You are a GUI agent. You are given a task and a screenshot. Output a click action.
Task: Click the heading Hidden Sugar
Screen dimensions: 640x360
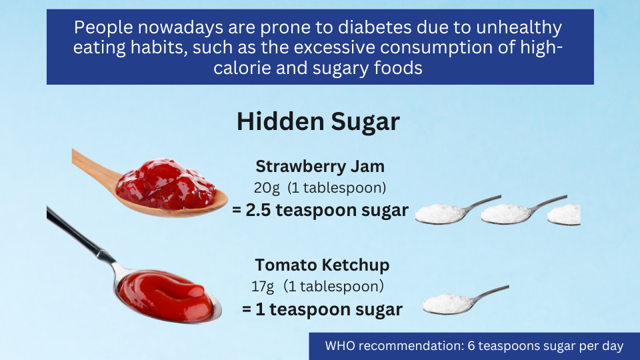tap(319, 121)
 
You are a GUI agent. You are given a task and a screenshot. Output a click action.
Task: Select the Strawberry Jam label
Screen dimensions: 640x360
tap(320, 166)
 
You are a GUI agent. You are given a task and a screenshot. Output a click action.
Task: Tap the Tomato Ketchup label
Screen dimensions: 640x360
tap(322, 265)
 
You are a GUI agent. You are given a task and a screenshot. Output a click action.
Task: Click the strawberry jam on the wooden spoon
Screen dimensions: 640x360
tap(165, 184)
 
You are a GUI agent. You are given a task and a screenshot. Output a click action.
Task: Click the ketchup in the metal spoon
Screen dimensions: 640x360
tap(165, 295)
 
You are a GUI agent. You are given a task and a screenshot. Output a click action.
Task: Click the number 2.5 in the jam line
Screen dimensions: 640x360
tap(258, 210)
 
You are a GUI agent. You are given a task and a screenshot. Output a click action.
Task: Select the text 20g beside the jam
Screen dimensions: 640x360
tap(267, 188)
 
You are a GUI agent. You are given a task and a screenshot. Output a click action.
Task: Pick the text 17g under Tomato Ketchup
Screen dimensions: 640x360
tap(263, 286)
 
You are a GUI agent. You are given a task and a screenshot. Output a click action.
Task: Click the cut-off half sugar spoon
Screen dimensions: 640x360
tap(564, 214)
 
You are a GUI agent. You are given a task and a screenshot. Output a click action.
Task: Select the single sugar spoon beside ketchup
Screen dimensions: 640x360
tap(465, 300)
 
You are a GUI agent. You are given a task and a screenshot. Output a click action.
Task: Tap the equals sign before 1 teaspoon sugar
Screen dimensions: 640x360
tap(246, 309)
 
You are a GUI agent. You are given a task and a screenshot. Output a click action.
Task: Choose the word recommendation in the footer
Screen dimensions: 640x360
tap(411, 346)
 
